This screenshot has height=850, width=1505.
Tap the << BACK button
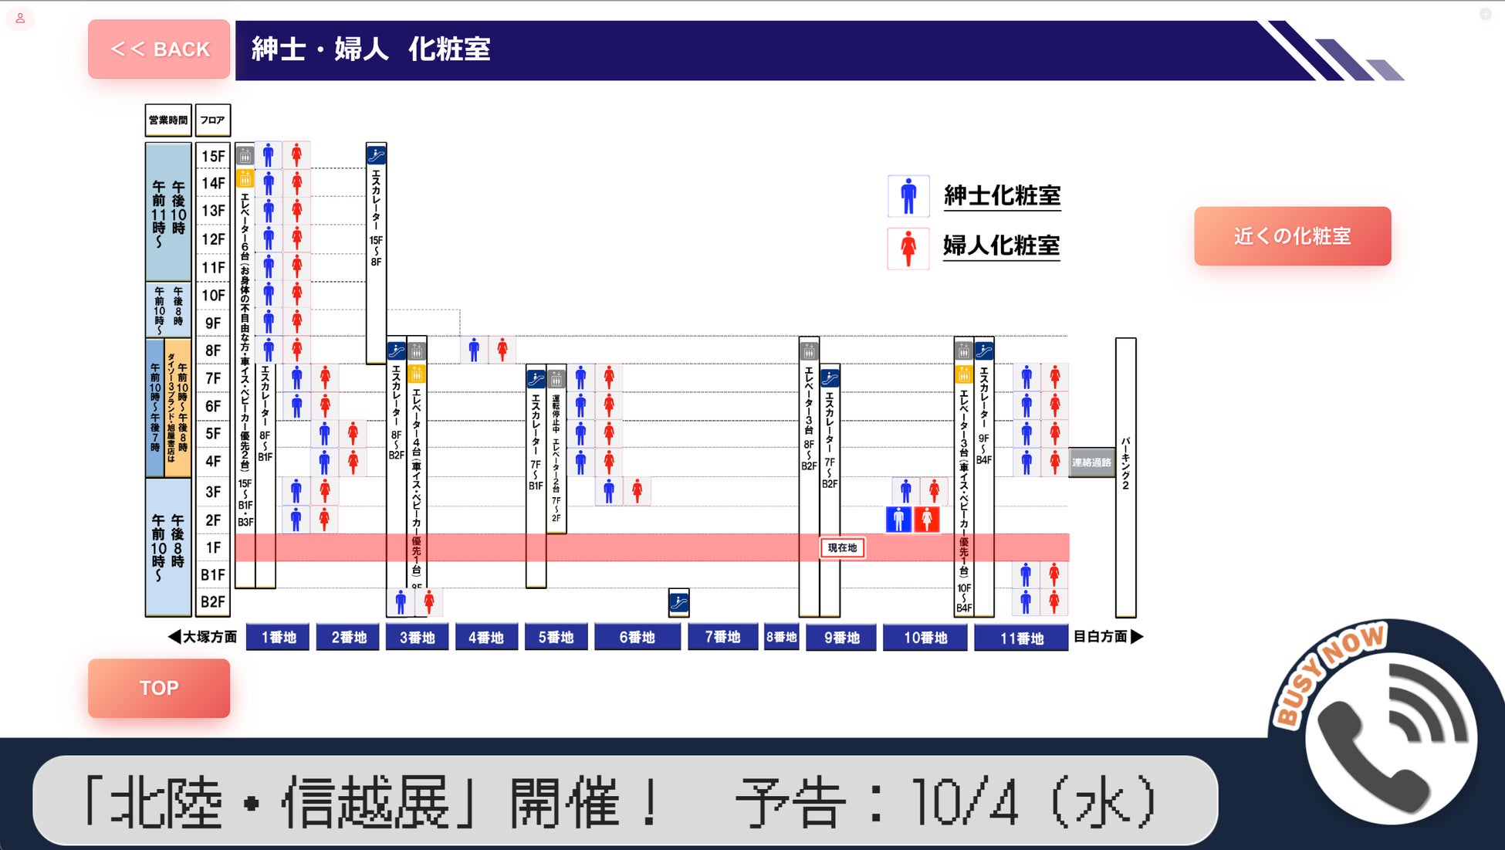click(x=159, y=49)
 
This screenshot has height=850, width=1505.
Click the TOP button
click(x=159, y=688)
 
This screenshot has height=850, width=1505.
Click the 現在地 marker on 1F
click(x=842, y=547)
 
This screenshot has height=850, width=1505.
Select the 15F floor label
click(x=213, y=156)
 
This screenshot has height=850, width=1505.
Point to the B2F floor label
click(x=213, y=602)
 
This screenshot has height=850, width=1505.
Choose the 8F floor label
click(x=213, y=350)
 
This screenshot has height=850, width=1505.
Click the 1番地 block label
click(x=279, y=637)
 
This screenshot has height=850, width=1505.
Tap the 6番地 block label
click(x=637, y=637)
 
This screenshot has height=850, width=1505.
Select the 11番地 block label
click(x=1021, y=638)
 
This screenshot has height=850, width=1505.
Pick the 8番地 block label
click(x=781, y=637)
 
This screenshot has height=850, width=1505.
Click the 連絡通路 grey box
click(x=1091, y=462)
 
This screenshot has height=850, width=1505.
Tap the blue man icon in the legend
click(x=908, y=196)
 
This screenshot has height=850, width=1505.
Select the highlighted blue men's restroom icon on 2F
click(x=898, y=519)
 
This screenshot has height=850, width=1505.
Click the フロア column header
click(x=212, y=120)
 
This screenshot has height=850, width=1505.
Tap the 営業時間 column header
click(x=168, y=120)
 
